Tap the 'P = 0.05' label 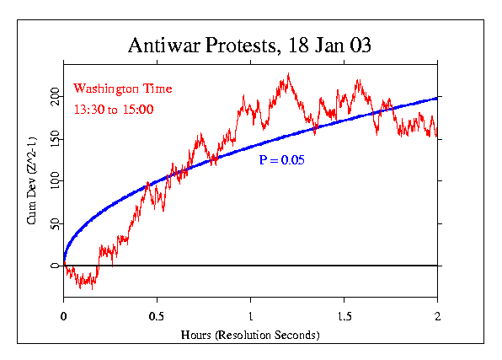tap(282, 159)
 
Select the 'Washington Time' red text tap(123, 89)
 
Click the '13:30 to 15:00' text tap(113, 109)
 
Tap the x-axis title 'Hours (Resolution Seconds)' tap(251, 335)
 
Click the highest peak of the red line tap(288, 73)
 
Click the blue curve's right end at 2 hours tap(437, 98)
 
